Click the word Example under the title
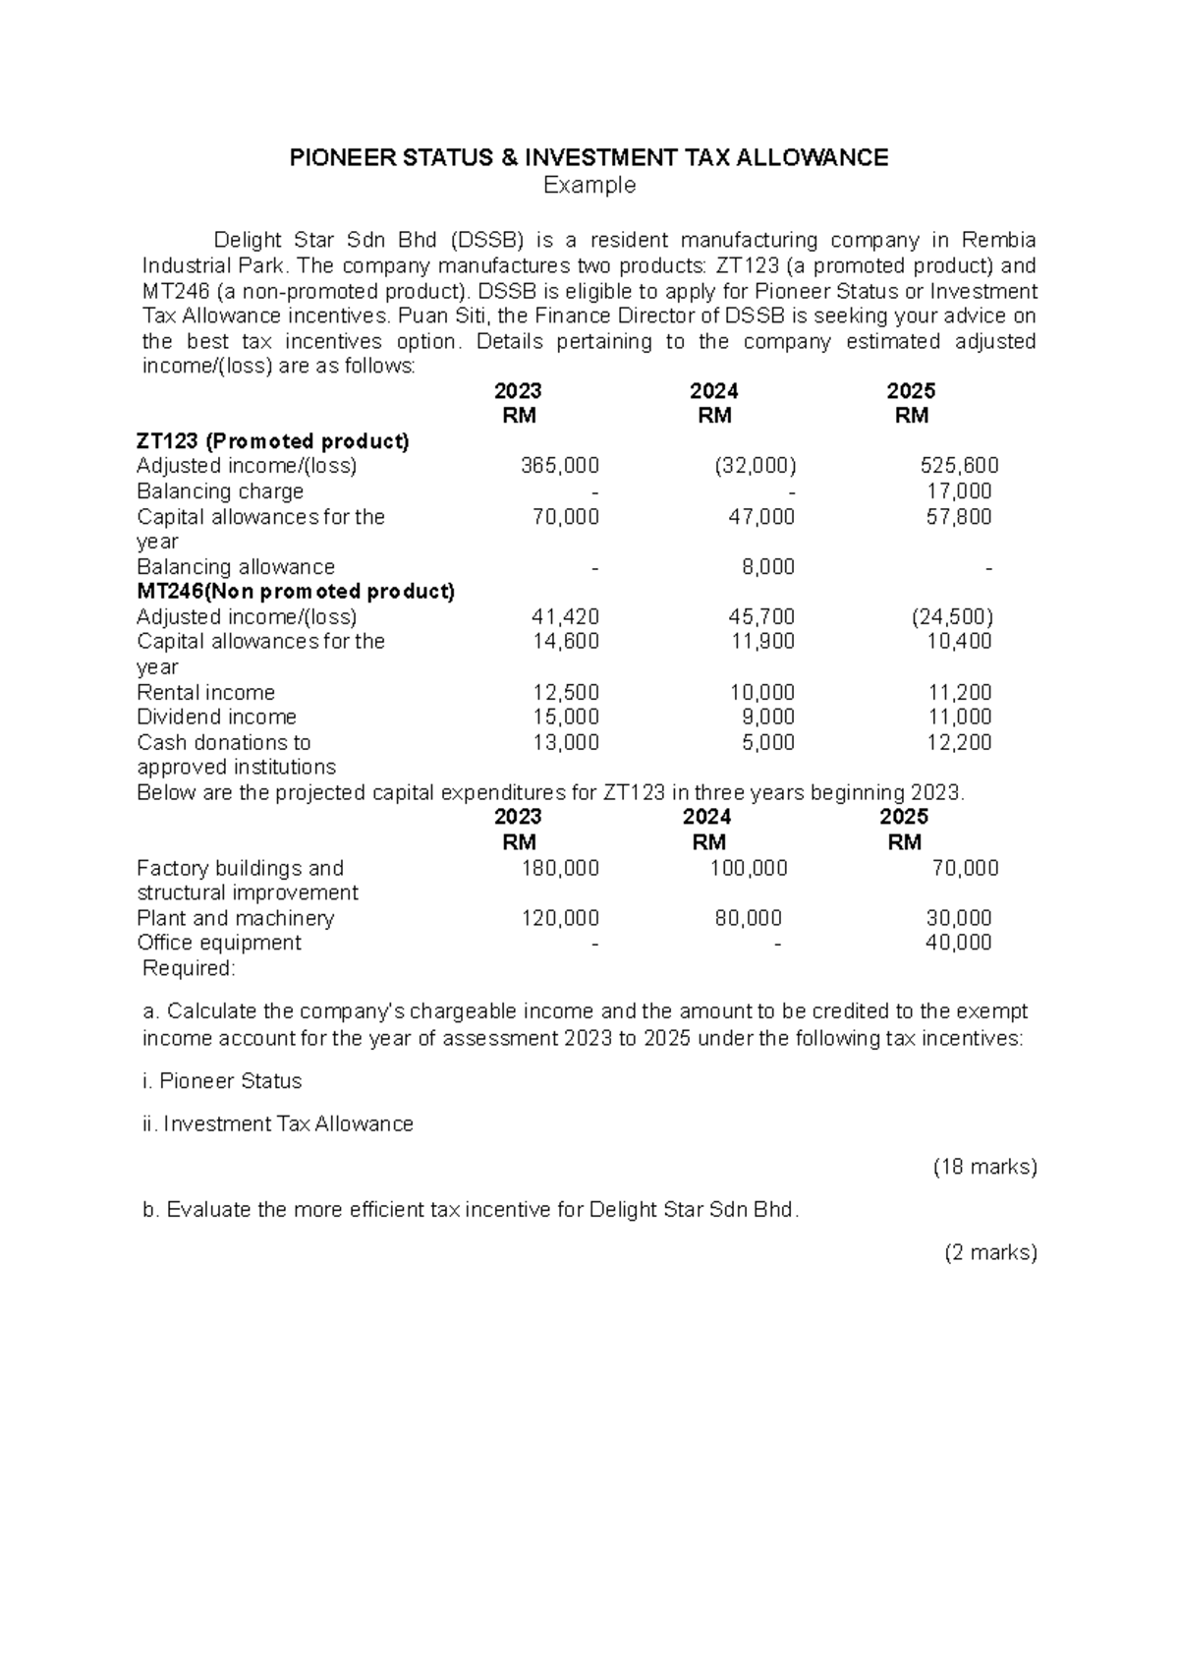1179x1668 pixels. (589, 185)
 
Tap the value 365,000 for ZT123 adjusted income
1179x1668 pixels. (559, 466)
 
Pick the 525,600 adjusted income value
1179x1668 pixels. (959, 466)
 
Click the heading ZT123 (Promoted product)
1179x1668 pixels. (273, 441)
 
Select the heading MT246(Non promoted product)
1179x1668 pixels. (296, 592)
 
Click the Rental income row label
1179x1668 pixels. (205, 692)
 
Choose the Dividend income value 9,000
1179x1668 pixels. (768, 718)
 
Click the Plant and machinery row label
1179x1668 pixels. (236, 918)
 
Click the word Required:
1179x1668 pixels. (189, 968)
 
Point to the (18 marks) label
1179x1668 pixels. (984, 1167)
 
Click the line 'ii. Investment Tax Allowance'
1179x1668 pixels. (278, 1123)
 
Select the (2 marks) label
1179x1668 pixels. (990, 1252)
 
